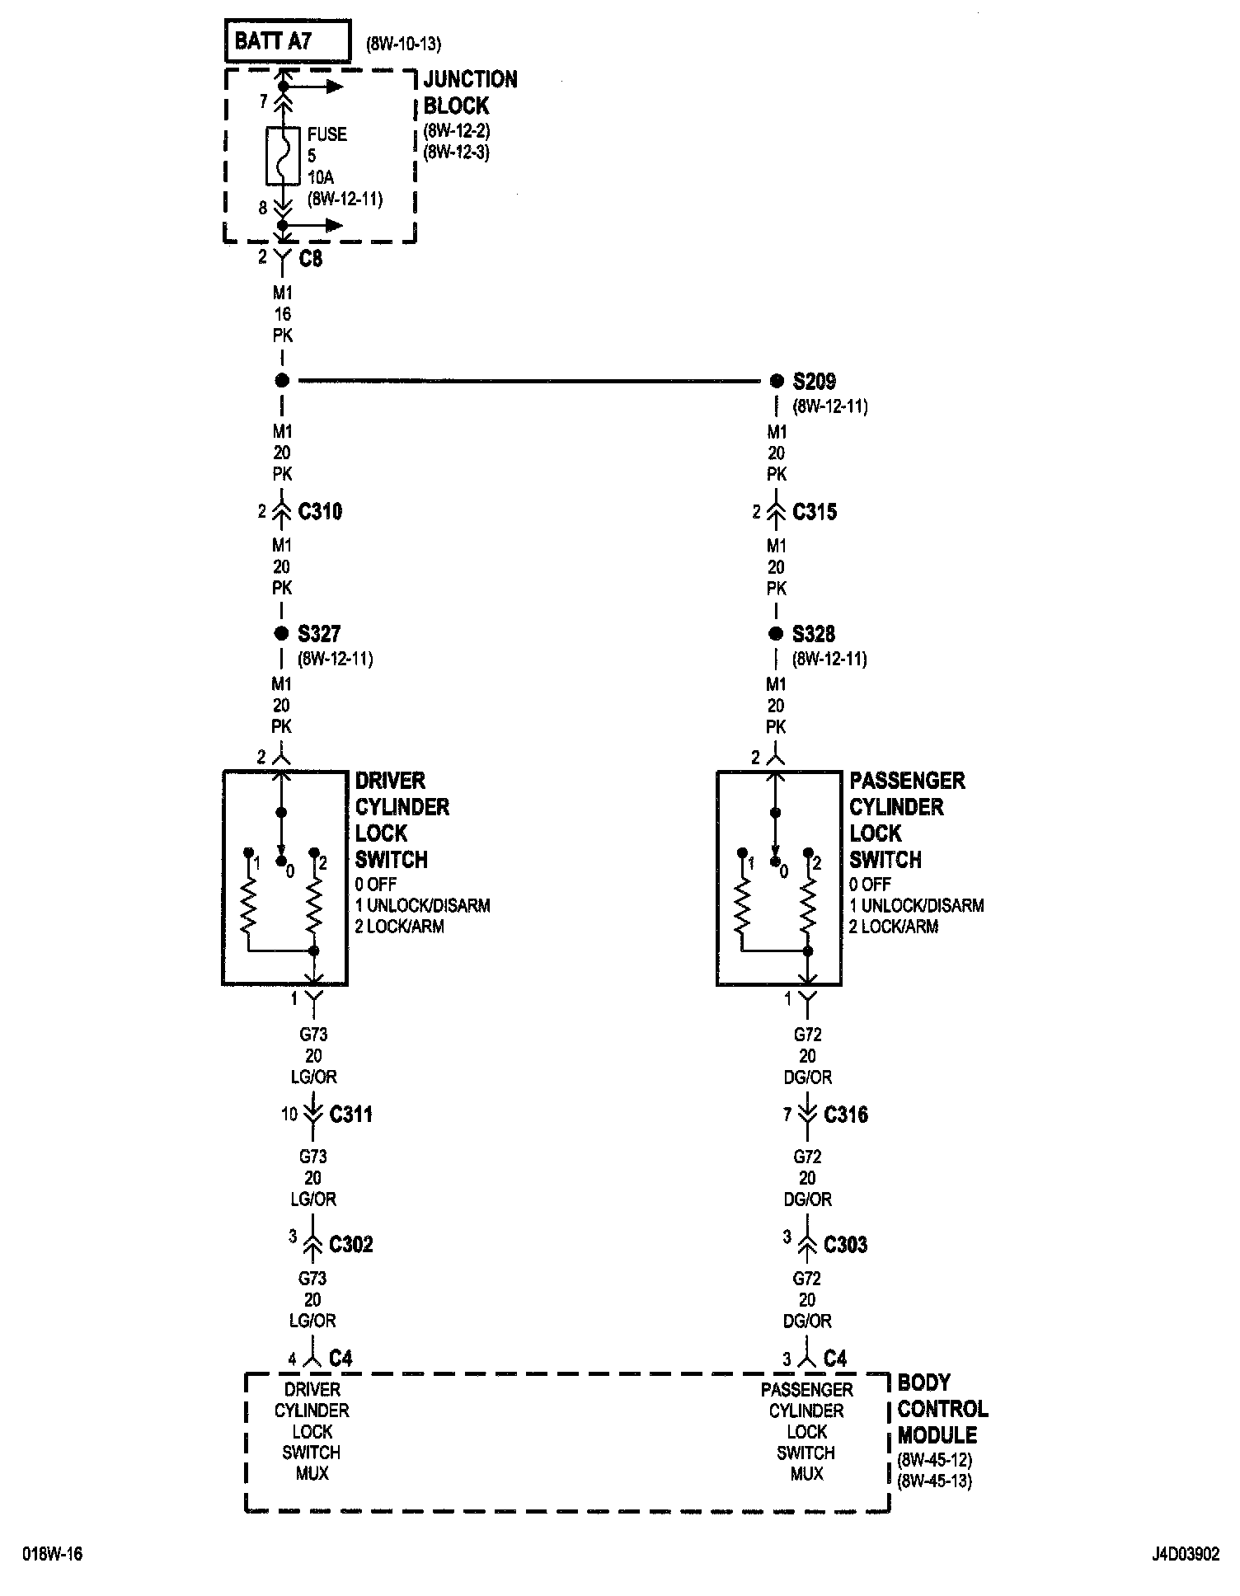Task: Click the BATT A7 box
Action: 287,41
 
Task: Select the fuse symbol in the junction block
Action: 282,156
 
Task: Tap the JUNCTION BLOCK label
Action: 470,92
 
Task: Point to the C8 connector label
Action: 311,259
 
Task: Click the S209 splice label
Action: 814,382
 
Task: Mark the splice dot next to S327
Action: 281,634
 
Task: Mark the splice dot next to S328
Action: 775,634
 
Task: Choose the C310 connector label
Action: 320,512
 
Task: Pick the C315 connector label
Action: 815,512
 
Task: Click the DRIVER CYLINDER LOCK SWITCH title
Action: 402,819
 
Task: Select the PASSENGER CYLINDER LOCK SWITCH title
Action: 906,819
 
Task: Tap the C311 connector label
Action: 351,1115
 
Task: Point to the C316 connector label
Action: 846,1115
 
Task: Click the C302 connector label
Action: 351,1244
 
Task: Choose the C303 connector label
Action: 846,1244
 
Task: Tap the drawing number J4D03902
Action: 1185,1555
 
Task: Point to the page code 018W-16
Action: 53,1555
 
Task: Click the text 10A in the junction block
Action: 322,177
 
